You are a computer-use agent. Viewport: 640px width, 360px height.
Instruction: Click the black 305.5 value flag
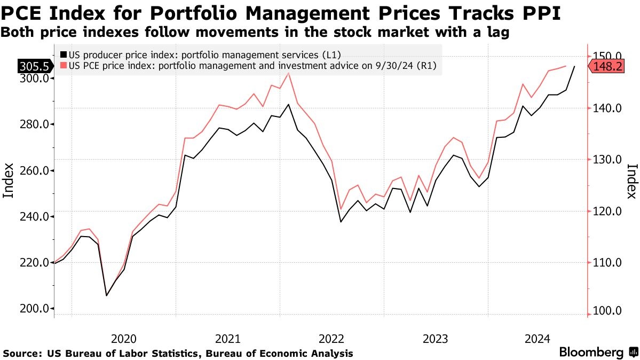[35, 66]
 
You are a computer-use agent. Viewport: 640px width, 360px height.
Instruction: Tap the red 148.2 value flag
[607, 66]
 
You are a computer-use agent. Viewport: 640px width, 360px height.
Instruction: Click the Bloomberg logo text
[591, 353]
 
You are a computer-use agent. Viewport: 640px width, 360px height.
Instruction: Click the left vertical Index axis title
[9, 181]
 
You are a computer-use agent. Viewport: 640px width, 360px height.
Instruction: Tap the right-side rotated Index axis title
[631, 181]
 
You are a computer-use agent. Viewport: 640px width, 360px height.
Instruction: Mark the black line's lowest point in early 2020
[107, 295]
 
